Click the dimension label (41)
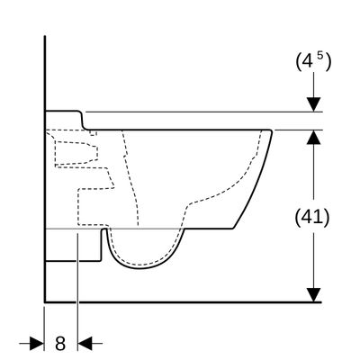click(312, 217)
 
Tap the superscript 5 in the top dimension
click(320, 56)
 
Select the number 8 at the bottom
click(60, 343)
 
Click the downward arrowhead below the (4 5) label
click(314, 104)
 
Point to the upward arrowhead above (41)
click(314, 137)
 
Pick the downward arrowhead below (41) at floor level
click(314, 295)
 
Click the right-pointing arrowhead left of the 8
click(37, 343)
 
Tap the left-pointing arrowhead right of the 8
click(85, 343)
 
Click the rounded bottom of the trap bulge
click(140, 267)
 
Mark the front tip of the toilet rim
click(271, 131)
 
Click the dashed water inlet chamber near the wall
click(76, 154)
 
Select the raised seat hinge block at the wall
click(64, 120)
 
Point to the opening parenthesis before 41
click(298, 218)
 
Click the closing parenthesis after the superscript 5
click(328, 61)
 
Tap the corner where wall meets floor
click(45, 301)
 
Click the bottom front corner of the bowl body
click(233, 229)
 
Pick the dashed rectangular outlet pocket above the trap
click(93, 207)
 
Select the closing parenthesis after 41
click(327, 218)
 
